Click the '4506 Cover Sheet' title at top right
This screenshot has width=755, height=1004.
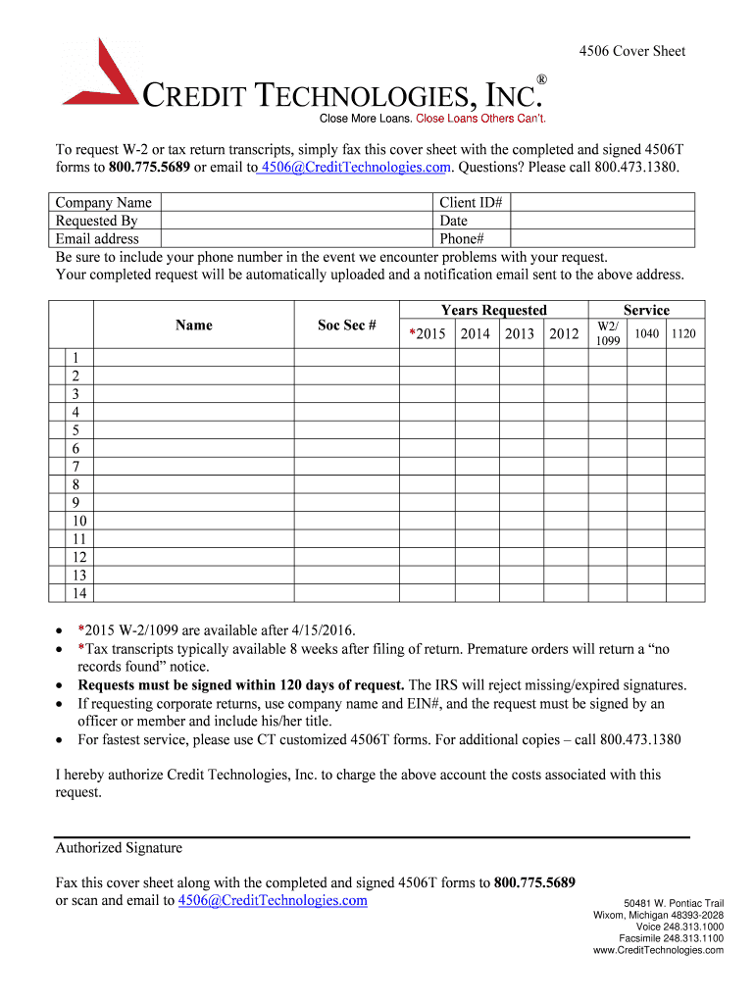click(631, 51)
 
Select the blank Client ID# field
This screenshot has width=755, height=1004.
click(603, 203)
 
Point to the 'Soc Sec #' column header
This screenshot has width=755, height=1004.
click(346, 326)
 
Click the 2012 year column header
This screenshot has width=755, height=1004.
click(564, 334)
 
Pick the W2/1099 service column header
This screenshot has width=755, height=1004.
click(608, 333)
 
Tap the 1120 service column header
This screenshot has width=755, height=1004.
click(683, 334)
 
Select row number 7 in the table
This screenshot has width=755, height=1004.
click(75, 466)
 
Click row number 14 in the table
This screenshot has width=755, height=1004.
click(79, 593)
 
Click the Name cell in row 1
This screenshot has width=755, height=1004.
click(193, 357)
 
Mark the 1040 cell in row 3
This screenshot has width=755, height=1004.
click(646, 393)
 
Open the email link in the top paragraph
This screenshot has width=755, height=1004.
click(354, 168)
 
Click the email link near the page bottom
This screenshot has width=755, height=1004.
click(273, 900)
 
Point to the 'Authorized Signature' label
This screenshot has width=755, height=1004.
click(119, 848)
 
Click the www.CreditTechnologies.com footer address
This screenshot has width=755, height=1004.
click(659, 950)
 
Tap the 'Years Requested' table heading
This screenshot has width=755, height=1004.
click(493, 310)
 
